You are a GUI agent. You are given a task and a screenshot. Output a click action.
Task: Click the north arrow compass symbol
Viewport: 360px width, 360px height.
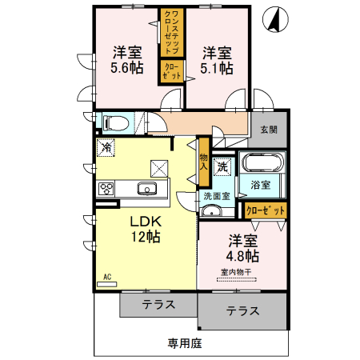[x=277, y=19]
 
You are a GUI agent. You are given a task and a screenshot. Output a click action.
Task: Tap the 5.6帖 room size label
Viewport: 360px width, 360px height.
[x=127, y=68]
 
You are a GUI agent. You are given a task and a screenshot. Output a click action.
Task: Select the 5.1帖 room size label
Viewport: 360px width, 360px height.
[x=217, y=68]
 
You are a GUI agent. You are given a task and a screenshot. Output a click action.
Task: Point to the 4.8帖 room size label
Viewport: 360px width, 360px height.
[x=241, y=256]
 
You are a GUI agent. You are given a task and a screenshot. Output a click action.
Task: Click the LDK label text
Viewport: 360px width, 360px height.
[x=146, y=221]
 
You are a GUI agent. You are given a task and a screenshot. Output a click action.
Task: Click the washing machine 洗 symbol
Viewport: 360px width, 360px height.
[x=223, y=166]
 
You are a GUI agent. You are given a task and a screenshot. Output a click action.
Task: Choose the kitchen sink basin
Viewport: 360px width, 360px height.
[x=146, y=189]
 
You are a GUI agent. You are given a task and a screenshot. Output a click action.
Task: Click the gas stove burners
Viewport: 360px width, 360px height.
[x=106, y=189]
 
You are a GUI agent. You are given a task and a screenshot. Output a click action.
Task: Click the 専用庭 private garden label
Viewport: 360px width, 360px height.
[x=184, y=344]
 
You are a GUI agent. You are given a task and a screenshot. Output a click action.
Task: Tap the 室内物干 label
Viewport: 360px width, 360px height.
[x=236, y=273]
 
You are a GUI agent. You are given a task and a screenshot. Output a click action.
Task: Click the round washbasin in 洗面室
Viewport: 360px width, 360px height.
[x=210, y=212]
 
